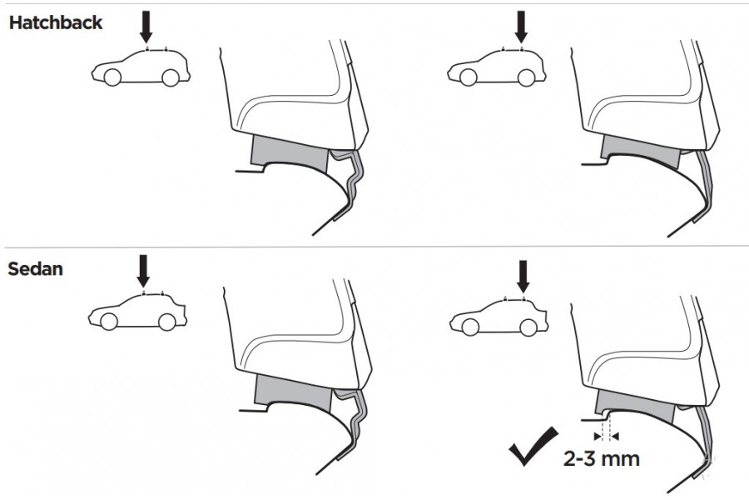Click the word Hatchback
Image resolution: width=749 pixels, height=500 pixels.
[56, 22]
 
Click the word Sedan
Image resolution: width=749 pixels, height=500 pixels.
[35, 269]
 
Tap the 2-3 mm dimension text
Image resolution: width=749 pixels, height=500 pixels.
[602, 458]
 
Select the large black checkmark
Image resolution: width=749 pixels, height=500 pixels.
[533, 446]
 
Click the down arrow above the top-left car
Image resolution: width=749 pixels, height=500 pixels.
[146, 27]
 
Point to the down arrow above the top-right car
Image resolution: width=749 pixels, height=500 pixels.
[521, 27]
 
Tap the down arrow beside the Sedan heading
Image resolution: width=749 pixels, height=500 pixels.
[143, 271]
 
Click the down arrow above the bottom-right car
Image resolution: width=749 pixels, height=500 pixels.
[523, 277]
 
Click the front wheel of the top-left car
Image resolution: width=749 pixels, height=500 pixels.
[112, 77]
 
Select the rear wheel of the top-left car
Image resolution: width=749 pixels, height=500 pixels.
[171, 77]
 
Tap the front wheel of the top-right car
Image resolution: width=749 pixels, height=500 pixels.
[468, 77]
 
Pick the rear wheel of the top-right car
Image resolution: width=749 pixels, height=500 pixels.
[527, 77]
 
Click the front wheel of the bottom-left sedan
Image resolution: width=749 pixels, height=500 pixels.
[109, 322]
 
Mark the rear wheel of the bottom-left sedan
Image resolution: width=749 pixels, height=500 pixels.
[166, 322]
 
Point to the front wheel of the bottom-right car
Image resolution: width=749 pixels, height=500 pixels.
[470, 327]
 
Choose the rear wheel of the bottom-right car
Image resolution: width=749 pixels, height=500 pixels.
[528, 327]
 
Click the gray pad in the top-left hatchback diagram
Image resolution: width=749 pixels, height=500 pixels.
[289, 151]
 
